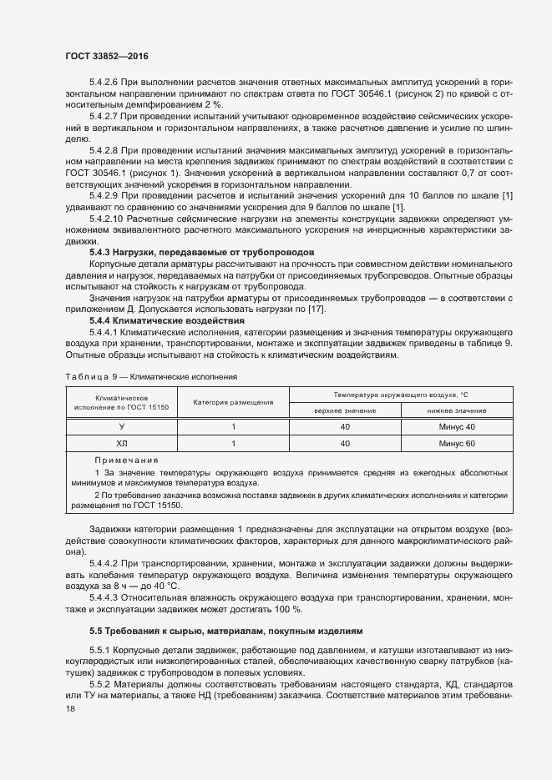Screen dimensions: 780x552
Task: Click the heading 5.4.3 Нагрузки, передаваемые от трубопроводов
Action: (x=201, y=251)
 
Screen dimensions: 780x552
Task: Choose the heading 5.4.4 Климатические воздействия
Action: (x=167, y=320)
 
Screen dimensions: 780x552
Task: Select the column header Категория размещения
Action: (x=233, y=402)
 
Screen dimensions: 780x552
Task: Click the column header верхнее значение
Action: (x=345, y=410)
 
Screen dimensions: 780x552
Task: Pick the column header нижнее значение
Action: (x=456, y=410)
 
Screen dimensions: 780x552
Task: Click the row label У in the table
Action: (x=121, y=427)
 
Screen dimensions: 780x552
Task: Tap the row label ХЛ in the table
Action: (x=121, y=444)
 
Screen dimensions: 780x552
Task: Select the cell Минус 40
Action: (x=456, y=427)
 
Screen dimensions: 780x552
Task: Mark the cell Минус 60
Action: (x=456, y=444)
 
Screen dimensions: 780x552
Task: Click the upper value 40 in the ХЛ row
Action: (x=345, y=444)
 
